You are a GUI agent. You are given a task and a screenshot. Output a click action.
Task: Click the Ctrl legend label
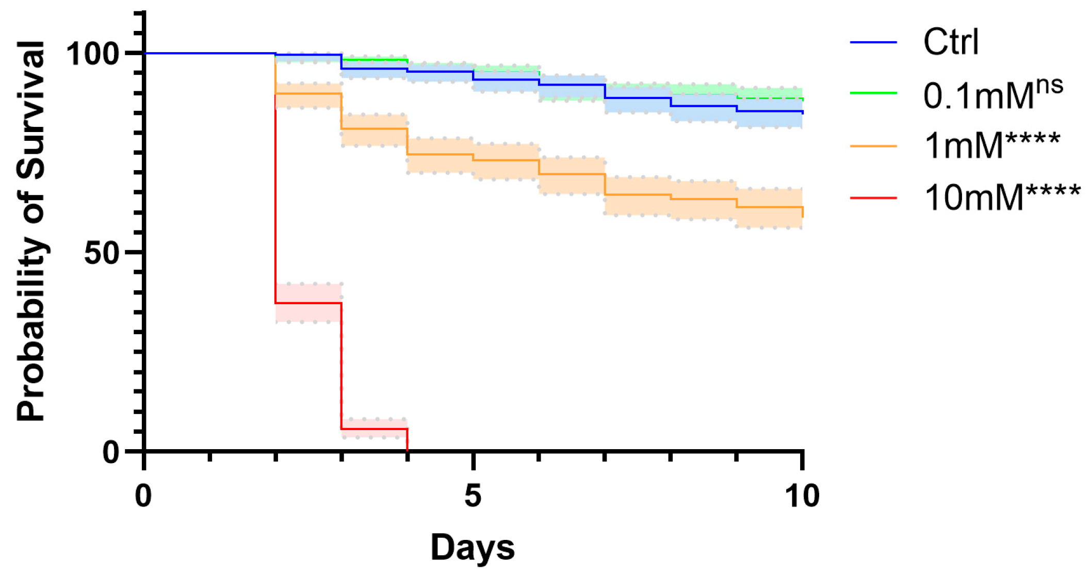(950, 42)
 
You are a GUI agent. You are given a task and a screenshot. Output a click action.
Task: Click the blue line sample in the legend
(873, 42)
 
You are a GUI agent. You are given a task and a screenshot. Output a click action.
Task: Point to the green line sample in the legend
(873, 93)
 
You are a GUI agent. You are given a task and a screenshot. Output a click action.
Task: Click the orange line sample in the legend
(873, 146)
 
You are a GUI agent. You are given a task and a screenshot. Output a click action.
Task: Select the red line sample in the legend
(873, 198)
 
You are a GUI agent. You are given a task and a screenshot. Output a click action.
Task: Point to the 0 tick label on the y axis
(111, 452)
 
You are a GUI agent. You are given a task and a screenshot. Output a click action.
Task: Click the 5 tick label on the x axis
(473, 496)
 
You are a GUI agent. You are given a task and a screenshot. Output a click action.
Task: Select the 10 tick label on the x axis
(802, 496)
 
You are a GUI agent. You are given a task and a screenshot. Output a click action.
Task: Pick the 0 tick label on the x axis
(143, 496)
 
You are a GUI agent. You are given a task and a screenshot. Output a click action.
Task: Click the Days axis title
(473, 547)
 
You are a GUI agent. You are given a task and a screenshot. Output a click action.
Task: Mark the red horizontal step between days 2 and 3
(308, 303)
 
